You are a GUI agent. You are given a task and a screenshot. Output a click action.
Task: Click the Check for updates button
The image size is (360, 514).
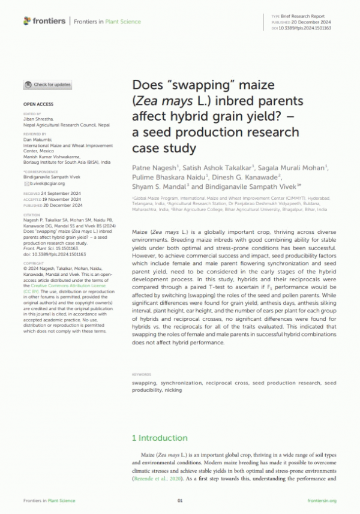[x=48, y=85]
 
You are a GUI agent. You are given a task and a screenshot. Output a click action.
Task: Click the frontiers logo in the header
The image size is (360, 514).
[x=44, y=22]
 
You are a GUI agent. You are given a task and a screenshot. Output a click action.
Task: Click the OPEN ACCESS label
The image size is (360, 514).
[x=38, y=104]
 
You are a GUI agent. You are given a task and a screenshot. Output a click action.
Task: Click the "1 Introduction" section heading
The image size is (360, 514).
[x=160, y=438]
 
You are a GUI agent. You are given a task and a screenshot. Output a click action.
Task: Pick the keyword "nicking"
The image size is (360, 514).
[x=173, y=390]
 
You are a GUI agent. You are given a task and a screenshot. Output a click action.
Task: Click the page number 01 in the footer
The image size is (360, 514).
[x=179, y=500]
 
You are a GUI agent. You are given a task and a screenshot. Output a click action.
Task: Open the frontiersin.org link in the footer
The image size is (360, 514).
[x=322, y=500]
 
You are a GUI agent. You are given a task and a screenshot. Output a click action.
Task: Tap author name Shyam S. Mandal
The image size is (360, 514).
[x=157, y=187]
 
